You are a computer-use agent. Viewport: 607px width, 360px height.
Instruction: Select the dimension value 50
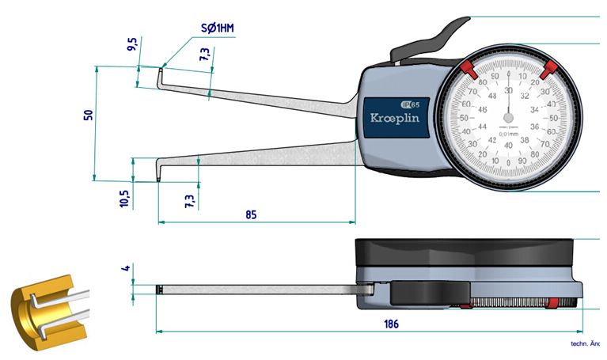click(x=89, y=116)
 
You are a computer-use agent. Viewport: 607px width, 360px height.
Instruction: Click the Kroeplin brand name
click(x=395, y=117)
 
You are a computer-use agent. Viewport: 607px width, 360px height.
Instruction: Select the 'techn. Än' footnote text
click(x=587, y=344)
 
